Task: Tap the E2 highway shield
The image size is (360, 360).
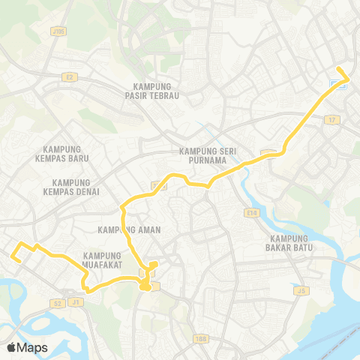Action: pos(70,76)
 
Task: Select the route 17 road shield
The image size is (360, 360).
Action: pos(332,119)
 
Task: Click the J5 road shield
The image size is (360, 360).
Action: pos(302,290)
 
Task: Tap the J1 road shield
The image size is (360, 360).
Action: pos(74,302)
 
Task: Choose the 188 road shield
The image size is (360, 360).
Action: pos(199,338)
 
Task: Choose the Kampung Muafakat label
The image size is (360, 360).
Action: pos(103,259)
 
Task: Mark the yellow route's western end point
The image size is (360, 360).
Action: pos(13,257)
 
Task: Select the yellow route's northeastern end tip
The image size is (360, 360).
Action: pos(338,70)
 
